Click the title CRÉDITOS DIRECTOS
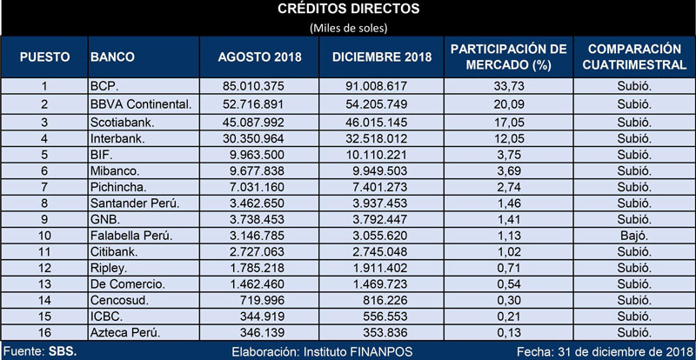(349, 9)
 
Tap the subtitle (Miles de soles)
(349, 28)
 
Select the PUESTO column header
(45, 57)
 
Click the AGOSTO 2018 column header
(259, 57)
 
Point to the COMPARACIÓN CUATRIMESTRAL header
(634, 57)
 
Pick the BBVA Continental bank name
(141, 104)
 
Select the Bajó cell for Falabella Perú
(634, 236)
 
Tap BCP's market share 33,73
(509, 86)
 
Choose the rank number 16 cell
(44, 332)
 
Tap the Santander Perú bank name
(129, 203)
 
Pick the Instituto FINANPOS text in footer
(358, 352)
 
